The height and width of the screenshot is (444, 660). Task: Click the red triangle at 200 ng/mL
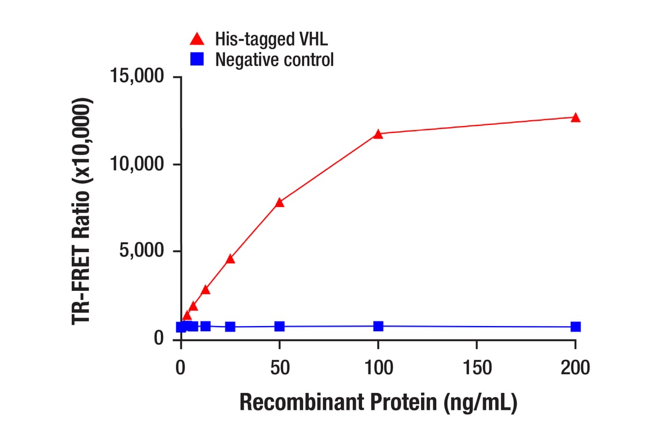(575, 117)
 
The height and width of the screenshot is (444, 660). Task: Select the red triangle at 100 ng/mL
(378, 134)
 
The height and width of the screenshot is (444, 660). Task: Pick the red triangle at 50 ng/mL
(279, 202)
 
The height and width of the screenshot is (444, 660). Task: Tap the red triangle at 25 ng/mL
(230, 258)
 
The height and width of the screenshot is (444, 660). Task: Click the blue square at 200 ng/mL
(575, 327)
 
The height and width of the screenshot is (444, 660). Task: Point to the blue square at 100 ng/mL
(378, 326)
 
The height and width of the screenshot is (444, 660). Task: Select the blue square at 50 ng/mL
(279, 327)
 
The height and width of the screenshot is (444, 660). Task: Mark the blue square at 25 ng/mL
(230, 327)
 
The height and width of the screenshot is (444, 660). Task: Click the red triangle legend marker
(197, 39)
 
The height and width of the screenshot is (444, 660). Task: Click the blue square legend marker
(197, 59)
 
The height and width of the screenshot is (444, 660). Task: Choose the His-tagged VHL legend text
(271, 39)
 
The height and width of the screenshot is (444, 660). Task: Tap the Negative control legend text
(274, 59)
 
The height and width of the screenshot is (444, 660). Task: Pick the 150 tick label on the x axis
(477, 367)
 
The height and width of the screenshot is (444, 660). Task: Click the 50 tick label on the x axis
(279, 367)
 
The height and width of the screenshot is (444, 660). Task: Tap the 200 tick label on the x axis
(575, 367)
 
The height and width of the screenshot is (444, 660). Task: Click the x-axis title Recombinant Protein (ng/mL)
(378, 402)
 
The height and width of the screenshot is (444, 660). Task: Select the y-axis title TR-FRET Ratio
(83, 211)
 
